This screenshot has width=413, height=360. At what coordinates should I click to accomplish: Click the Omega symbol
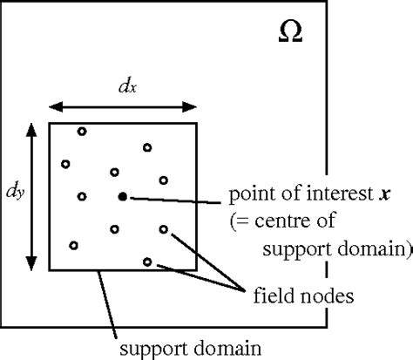coord(291,32)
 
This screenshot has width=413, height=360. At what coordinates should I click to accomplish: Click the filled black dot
coord(123,197)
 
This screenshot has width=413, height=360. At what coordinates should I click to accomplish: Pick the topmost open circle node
coord(82,132)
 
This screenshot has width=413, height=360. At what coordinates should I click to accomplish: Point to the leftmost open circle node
coord(65,163)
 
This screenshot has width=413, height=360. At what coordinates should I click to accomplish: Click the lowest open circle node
coord(146,262)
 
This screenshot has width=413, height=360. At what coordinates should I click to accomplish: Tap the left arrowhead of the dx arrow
coord(52,106)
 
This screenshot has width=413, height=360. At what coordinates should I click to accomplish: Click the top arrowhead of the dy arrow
coord(32,128)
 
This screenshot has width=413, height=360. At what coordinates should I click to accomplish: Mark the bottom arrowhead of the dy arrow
coord(32,265)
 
